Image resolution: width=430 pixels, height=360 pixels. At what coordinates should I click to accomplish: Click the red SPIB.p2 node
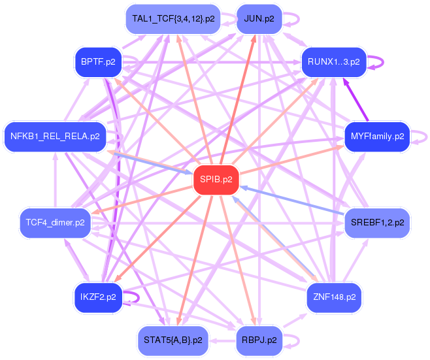tap(217, 179)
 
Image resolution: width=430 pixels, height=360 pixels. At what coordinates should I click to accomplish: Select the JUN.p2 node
tap(259, 18)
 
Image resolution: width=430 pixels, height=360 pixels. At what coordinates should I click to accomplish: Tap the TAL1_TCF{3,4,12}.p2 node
tap(173, 18)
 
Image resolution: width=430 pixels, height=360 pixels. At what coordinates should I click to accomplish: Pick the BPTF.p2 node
tap(99, 62)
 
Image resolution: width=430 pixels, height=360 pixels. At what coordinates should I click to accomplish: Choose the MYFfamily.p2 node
tap(377, 137)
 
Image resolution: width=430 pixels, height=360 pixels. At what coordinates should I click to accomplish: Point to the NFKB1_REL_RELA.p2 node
tap(55, 137)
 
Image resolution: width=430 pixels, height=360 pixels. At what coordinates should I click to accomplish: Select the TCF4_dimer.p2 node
tap(55, 222)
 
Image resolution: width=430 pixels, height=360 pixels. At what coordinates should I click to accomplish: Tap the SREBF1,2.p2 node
tap(377, 222)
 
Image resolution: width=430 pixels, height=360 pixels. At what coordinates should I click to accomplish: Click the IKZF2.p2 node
tap(98, 297)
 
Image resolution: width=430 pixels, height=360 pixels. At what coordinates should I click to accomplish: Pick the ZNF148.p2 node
tap(333, 297)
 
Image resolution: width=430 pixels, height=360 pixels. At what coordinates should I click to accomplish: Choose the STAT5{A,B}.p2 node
tap(173, 340)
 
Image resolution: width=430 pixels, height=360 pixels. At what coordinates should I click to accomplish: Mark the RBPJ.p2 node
tap(258, 340)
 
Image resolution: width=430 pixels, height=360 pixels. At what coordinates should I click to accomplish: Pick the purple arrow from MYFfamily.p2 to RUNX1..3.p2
tap(356, 101)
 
